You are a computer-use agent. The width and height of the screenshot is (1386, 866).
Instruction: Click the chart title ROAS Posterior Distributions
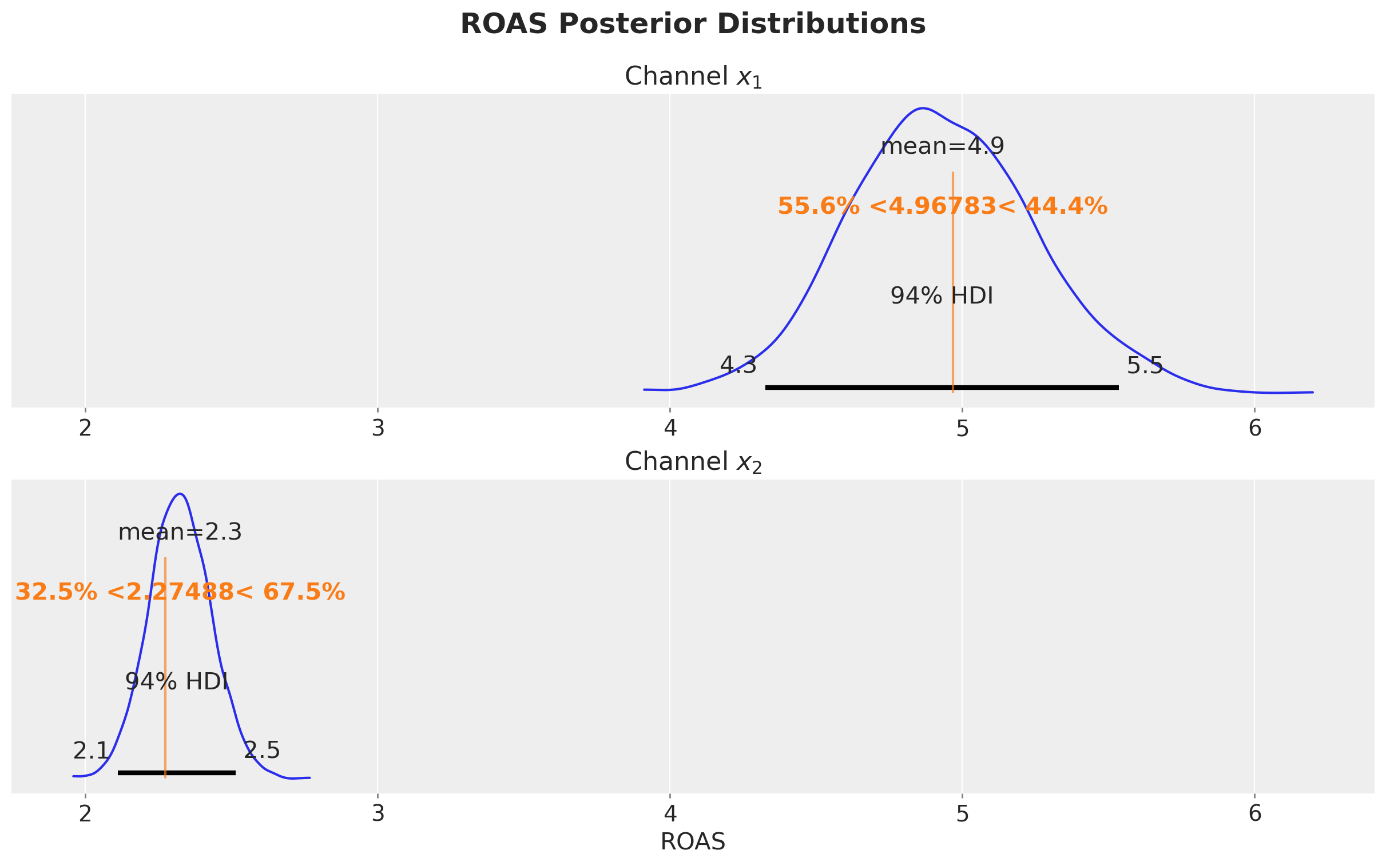pyautogui.click(x=693, y=25)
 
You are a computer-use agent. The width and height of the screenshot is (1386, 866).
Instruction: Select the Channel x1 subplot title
pyautogui.click(x=693, y=77)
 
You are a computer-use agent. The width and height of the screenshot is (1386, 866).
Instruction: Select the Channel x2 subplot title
pyautogui.click(x=693, y=462)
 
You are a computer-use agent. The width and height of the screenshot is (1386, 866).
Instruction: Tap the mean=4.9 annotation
pyautogui.click(x=942, y=147)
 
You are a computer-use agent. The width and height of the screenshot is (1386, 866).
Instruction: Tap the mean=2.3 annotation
pyautogui.click(x=180, y=533)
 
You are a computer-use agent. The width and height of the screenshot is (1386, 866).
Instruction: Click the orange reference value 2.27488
pyautogui.click(x=180, y=592)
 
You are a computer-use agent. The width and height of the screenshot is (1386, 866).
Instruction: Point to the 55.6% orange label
pyautogui.click(x=818, y=206)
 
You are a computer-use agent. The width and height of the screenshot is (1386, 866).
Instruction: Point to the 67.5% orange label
pyautogui.click(x=304, y=592)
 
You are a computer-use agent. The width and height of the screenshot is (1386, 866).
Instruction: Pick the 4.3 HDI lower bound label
pyautogui.click(x=738, y=365)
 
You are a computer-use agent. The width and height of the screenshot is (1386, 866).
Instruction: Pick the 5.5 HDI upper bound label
pyautogui.click(x=1144, y=366)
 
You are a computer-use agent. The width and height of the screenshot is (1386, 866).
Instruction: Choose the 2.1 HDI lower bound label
pyautogui.click(x=90, y=751)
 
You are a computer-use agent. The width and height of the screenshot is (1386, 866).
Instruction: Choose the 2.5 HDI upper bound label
pyautogui.click(x=262, y=751)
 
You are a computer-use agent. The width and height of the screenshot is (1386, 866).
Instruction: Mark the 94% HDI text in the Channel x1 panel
pyautogui.click(x=942, y=296)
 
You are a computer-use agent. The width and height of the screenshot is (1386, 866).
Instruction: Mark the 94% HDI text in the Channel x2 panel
pyautogui.click(x=177, y=681)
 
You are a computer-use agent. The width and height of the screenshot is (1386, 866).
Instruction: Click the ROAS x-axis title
pyautogui.click(x=693, y=842)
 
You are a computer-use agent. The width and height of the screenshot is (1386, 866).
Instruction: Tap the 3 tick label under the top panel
pyautogui.click(x=378, y=429)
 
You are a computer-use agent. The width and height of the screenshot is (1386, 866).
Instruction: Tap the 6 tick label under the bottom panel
pyautogui.click(x=1255, y=815)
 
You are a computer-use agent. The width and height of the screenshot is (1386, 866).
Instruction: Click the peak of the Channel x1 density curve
pyautogui.click(x=922, y=107)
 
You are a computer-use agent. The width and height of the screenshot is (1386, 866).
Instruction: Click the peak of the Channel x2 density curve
pyautogui.click(x=181, y=493)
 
